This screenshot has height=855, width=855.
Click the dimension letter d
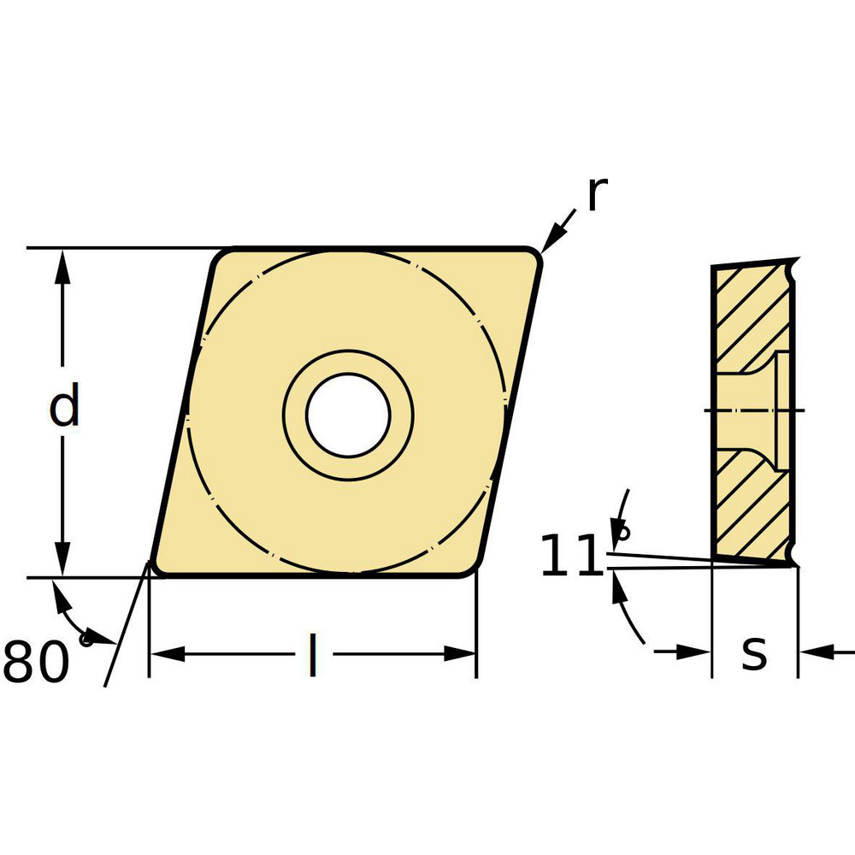(x=64, y=407)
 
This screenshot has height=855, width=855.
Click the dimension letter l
(x=313, y=656)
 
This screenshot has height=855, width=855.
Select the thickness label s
(x=754, y=653)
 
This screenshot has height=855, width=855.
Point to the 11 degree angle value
(x=571, y=557)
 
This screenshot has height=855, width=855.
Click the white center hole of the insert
(x=348, y=415)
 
